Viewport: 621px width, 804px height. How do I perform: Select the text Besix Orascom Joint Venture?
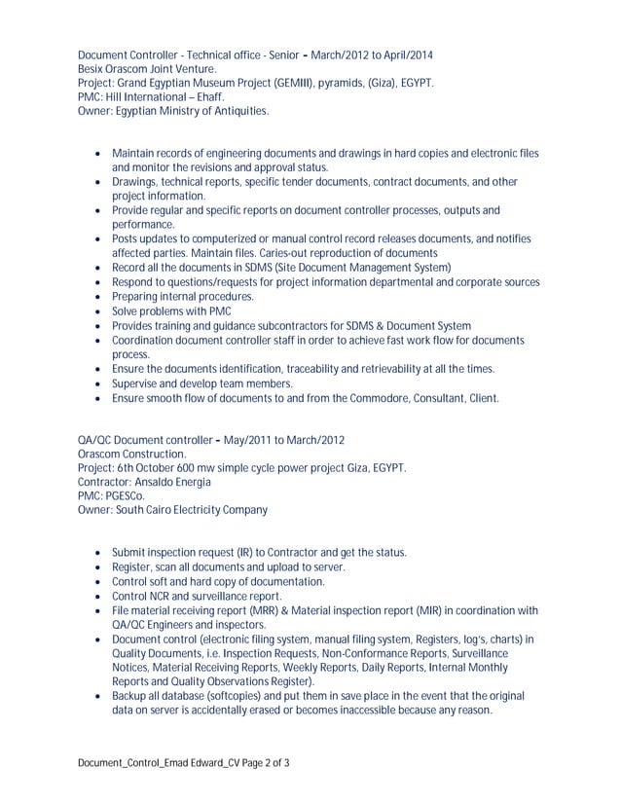coord(147,69)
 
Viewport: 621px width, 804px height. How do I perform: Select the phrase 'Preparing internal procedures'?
coord(183,297)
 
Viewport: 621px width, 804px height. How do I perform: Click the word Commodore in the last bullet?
coord(372,398)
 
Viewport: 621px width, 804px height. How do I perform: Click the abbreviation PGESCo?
coord(124,495)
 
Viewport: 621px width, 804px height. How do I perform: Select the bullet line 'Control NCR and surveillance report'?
coord(198,596)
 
